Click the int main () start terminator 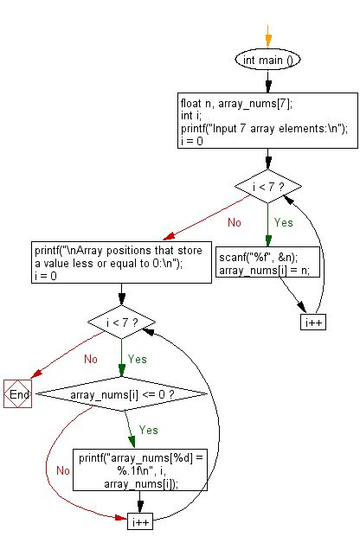pos(268,61)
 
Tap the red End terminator pos(17,394)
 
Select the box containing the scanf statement pos(268,263)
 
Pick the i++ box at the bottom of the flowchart pos(139,522)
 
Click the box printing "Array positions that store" pos(121,262)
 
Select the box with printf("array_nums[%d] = pos(138,469)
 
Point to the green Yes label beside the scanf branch pos(284,221)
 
